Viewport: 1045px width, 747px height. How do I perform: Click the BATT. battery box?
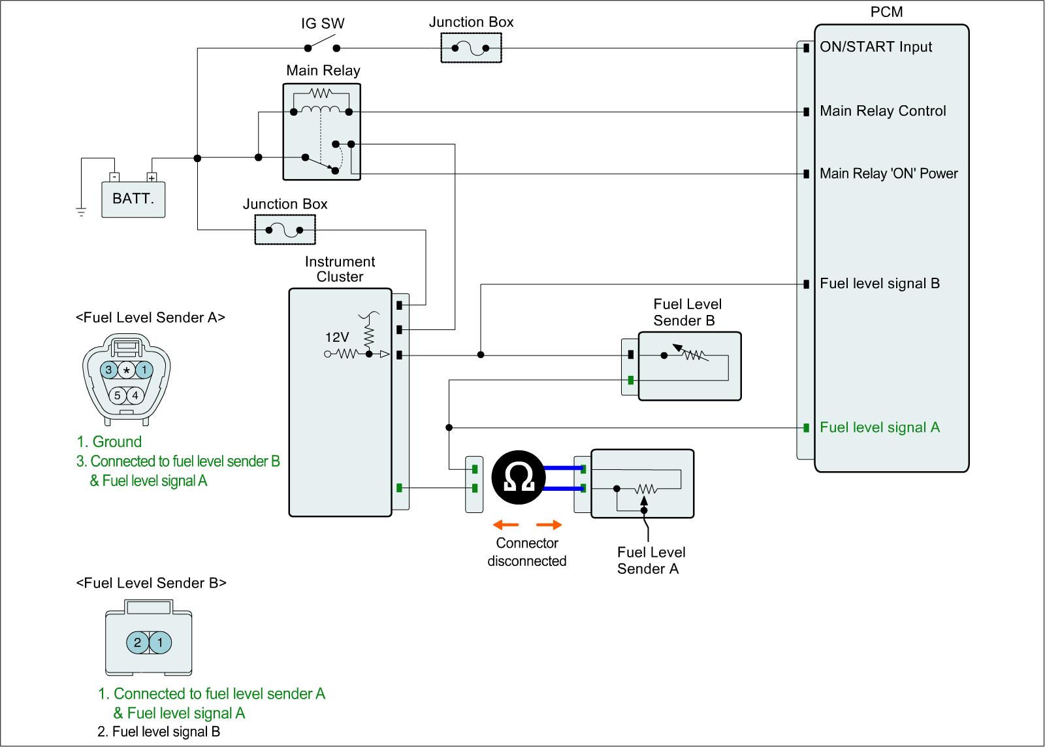coord(133,198)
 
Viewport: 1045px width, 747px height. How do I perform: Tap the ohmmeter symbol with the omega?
coord(521,478)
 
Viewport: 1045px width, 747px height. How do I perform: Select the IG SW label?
coord(323,24)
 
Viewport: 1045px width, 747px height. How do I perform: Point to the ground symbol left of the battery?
coord(81,211)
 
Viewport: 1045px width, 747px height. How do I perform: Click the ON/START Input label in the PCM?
coord(876,47)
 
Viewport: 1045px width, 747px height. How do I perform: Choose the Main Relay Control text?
coord(882,111)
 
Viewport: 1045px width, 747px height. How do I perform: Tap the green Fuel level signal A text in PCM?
coord(879,427)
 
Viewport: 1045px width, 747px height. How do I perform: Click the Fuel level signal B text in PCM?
coord(879,284)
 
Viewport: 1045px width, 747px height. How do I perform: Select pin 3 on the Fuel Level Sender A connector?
coord(109,371)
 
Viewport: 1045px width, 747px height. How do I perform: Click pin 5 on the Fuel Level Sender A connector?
coord(118,395)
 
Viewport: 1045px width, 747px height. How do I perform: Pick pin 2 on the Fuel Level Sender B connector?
coord(137,642)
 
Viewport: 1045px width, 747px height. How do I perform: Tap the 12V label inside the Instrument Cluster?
coord(338,337)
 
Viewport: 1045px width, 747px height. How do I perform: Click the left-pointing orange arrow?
coord(506,525)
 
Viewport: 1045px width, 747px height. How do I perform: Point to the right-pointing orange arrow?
coord(549,525)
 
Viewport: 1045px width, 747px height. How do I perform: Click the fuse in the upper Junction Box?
coord(471,48)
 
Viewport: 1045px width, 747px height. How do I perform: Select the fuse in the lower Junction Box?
coord(284,230)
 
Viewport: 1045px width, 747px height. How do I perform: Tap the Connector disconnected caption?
coord(526,552)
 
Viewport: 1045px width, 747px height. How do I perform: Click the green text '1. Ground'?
coord(109,442)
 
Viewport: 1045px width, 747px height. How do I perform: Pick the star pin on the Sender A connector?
coord(127,371)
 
